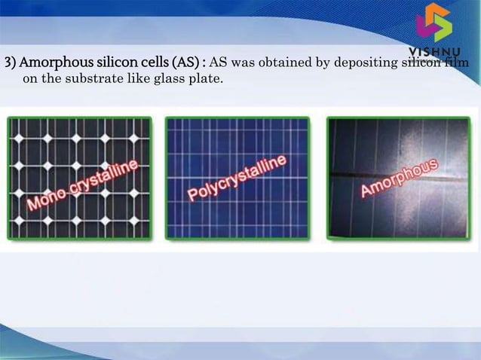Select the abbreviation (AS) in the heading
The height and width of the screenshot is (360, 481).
tap(186, 61)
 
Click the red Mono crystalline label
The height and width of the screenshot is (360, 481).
tap(83, 185)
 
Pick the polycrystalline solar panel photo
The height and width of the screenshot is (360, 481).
tap(237, 177)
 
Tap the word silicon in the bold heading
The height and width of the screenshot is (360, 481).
tap(105, 61)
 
